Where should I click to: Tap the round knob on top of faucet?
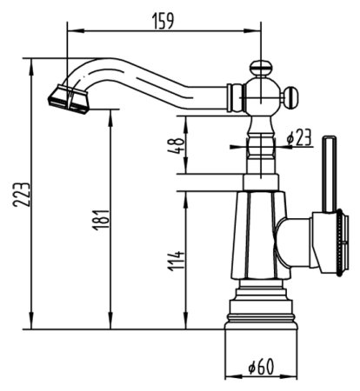point(260,67)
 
